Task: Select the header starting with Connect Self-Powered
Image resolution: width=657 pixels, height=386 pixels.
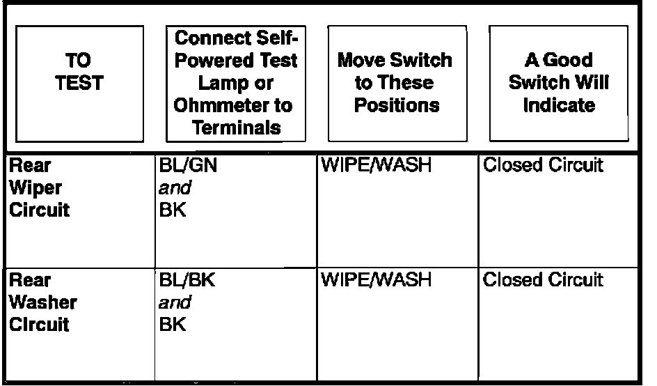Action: tap(236, 82)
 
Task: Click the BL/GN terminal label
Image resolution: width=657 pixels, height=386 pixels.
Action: tap(183, 165)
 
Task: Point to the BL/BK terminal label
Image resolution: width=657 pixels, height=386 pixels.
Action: tap(182, 280)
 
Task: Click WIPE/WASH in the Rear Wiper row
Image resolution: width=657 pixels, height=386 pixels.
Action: tap(376, 165)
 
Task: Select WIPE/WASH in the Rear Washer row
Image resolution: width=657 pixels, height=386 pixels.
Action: tap(376, 280)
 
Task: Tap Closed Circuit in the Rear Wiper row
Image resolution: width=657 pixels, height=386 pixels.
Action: tap(542, 165)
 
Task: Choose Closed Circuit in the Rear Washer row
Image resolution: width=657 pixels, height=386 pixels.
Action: tap(542, 280)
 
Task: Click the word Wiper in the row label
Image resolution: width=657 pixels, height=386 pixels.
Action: tap(35, 188)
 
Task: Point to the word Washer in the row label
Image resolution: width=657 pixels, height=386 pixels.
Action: tap(42, 303)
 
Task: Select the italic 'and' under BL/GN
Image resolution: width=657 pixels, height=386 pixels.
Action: tap(175, 188)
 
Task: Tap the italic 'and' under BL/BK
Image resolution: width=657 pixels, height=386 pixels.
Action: tap(175, 303)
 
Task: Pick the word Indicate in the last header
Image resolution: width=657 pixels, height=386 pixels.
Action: tap(559, 105)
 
